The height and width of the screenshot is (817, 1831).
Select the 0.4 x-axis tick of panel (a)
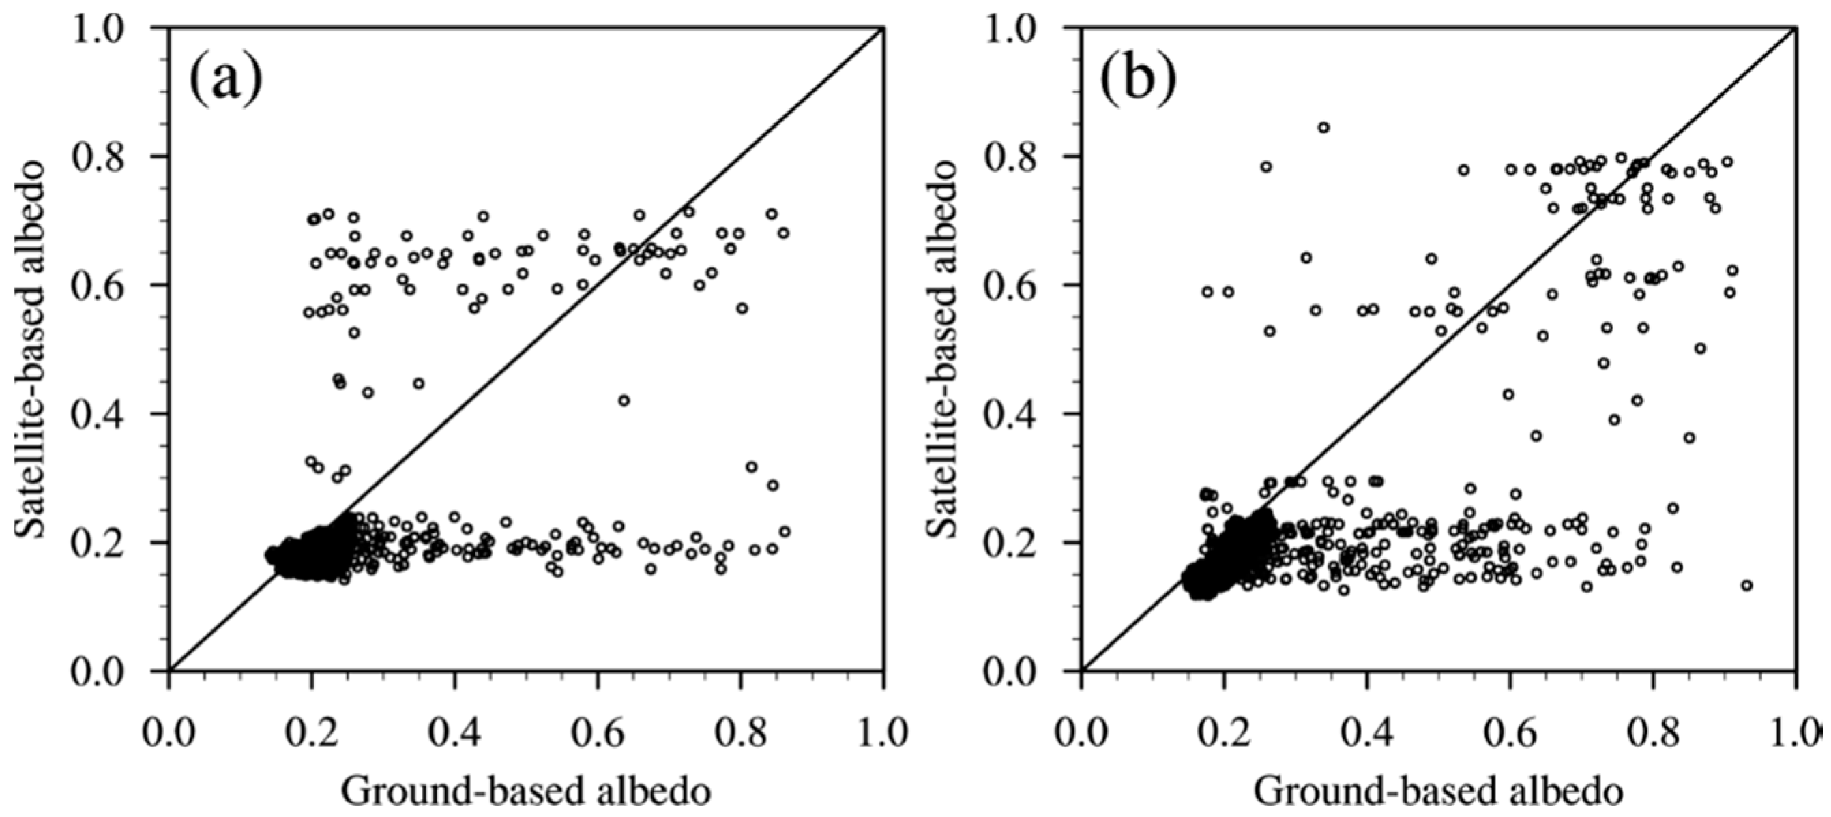pos(455,731)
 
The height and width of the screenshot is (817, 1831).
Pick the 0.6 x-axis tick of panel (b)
pos(1510,731)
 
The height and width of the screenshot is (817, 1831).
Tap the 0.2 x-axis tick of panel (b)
pos(1224,731)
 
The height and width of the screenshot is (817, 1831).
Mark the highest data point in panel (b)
pos(1323,128)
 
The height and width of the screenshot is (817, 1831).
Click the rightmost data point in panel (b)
pos(1746,585)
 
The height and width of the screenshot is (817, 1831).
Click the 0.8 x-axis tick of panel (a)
pos(741,731)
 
